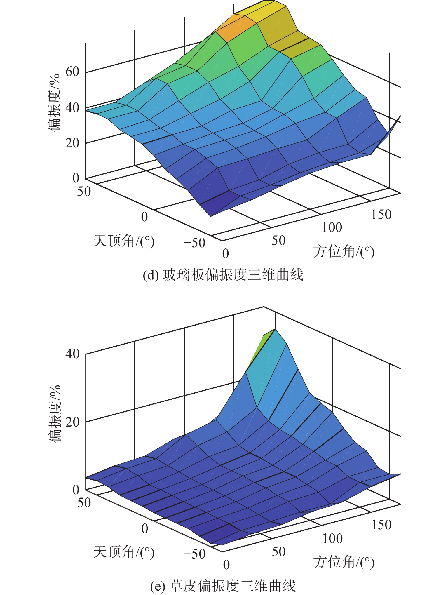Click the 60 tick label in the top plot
[x=72, y=72]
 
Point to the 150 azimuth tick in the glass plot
[x=381, y=215]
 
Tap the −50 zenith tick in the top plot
[x=194, y=243]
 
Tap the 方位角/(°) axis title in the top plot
[x=344, y=252]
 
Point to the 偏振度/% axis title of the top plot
[x=54, y=102]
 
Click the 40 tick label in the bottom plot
[x=72, y=354]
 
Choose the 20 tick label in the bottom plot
[x=72, y=422]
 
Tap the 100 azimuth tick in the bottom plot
[x=332, y=539]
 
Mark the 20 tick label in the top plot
[x=72, y=143]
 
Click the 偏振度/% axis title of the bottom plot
[x=54, y=413]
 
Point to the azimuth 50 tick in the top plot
[x=278, y=241]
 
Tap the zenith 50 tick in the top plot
[x=84, y=192]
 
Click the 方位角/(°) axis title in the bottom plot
[x=344, y=562]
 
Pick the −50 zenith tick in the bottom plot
[x=194, y=554]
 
